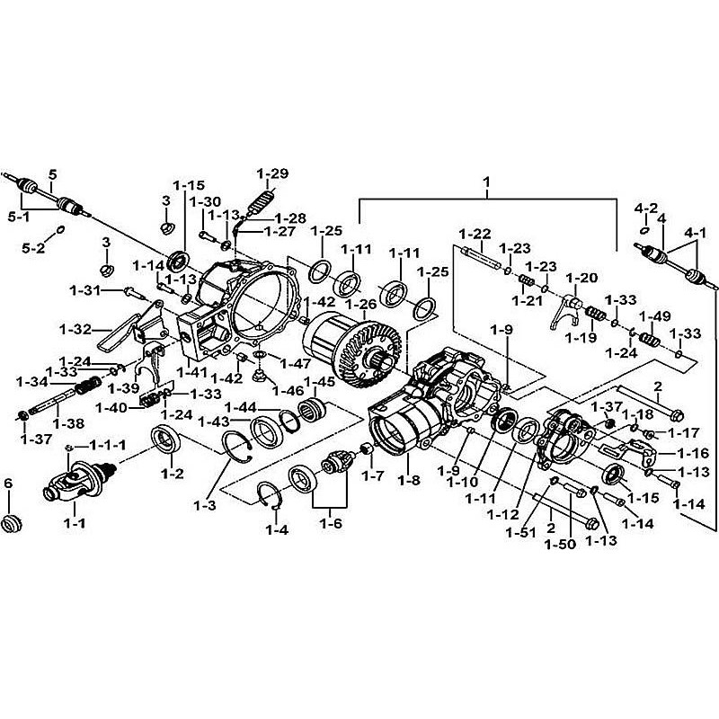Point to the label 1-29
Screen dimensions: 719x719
[271, 173]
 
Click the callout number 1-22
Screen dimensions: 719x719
[475, 234]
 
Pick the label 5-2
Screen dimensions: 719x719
[34, 248]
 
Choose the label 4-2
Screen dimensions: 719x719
[645, 208]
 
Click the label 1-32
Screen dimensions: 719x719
[76, 329]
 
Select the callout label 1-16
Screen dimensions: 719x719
[692, 454]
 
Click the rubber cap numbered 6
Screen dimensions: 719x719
[13, 524]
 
